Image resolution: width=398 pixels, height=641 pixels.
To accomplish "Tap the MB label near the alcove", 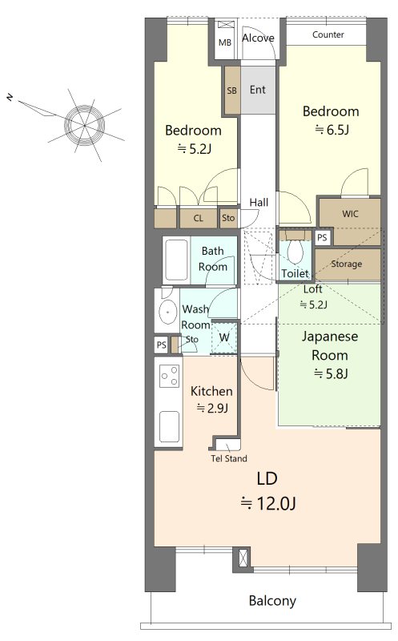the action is click(x=225, y=42).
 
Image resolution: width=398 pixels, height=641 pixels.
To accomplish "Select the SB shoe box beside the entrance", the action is click(x=231, y=91).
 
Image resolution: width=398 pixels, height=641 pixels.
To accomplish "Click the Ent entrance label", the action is click(x=257, y=90).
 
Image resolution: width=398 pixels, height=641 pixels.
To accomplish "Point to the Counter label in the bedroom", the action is click(x=328, y=34).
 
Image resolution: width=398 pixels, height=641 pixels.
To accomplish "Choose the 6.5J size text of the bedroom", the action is click(x=332, y=130).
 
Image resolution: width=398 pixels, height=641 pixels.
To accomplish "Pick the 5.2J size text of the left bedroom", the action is click(x=194, y=149).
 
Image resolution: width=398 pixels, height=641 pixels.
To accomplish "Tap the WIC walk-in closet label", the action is click(x=350, y=214).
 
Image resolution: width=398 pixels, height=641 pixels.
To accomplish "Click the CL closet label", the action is click(x=198, y=218).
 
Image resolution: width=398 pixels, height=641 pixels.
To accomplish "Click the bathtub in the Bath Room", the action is click(x=176, y=260).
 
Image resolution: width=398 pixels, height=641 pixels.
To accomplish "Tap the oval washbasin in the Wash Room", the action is click(x=167, y=312).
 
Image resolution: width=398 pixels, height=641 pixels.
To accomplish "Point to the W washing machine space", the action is click(x=223, y=337).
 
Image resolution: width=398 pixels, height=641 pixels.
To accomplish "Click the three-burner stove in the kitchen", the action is click(x=170, y=376).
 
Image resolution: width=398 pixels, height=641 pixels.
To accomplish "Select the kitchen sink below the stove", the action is click(x=169, y=426).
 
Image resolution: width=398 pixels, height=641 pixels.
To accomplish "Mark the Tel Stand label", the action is click(x=229, y=458).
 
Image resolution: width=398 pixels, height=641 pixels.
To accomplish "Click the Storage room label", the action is click(x=347, y=264).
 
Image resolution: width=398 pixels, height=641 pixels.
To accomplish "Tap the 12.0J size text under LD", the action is click(x=268, y=503).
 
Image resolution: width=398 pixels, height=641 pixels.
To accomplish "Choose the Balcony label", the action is click(x=272, y=601).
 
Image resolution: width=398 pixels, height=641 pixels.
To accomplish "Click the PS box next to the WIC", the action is click(x=323, y=237).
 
